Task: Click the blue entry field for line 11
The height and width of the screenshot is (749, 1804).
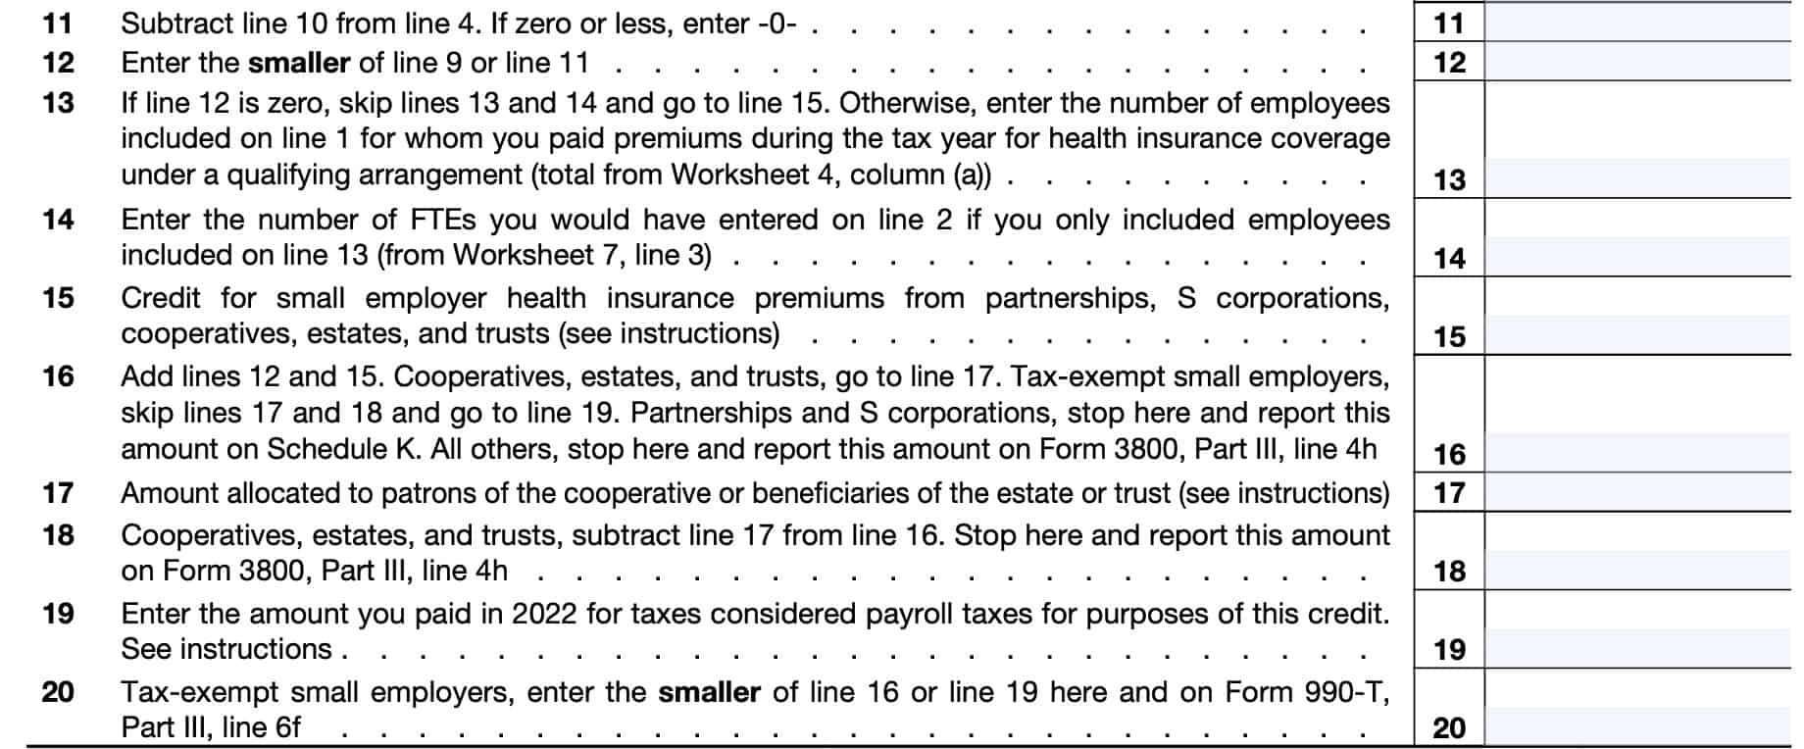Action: tap(1637, 23)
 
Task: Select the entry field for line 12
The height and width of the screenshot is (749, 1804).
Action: tap(1637, 62)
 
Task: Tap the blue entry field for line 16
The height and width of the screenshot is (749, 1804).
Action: tap(1637, 454)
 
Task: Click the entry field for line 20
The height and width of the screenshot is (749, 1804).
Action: tap(1637, 727)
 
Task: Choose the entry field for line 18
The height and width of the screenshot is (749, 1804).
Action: tap(1637, 571)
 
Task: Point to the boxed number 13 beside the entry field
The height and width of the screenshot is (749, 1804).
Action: tap(1449, 179)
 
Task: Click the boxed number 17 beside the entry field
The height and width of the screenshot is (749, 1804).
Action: tap(1449, 493)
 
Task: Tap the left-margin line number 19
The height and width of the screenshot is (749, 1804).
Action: tap(58, 614)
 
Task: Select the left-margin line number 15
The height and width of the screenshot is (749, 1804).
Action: tap(58, 298)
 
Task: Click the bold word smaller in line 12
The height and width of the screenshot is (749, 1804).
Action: tap(298, 63)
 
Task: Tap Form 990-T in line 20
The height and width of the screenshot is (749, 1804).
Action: tap(1319, 692)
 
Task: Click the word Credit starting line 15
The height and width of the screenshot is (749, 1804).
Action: tap(160, 298)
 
